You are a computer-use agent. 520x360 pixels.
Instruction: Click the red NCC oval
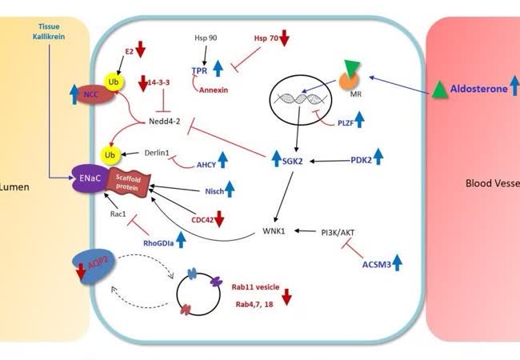[90, 94]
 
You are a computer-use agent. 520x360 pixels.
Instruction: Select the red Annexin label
[214, 90]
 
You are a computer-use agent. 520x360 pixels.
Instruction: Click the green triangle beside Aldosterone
[440, 90]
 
